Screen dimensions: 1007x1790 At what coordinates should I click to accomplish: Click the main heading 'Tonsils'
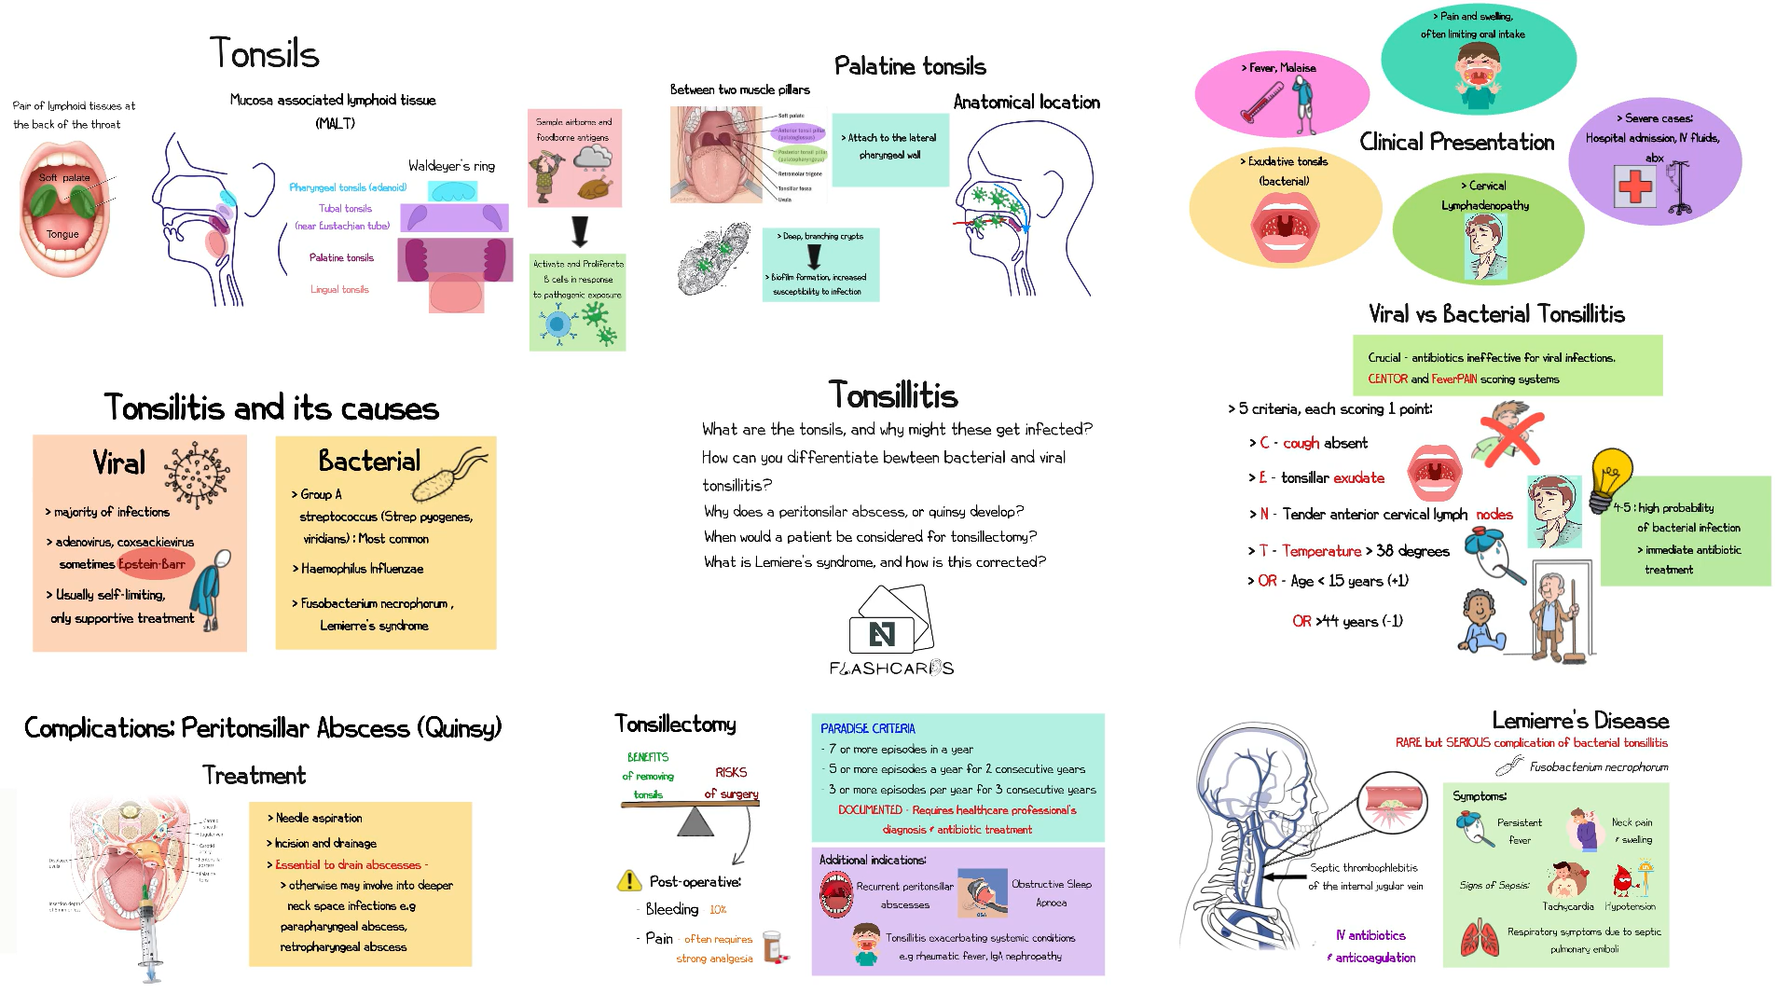[x=264, y=53]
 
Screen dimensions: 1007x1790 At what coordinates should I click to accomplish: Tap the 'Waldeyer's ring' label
[x=451, y=166]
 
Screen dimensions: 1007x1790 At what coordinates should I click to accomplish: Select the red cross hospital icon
[x=1634, y=186]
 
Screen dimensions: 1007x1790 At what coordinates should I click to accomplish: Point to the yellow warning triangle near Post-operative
[x=628, y=881]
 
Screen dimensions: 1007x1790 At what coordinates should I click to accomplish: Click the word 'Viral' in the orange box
[x=119, y=462]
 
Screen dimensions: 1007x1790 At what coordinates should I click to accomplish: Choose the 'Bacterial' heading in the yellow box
[x=369, y=461]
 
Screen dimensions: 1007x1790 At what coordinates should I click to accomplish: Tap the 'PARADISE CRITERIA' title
[x=867, y=728]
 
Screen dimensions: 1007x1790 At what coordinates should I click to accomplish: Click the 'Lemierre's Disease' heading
[x=1579, y=721]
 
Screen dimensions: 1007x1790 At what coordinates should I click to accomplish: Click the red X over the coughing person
[x=1510, y=438]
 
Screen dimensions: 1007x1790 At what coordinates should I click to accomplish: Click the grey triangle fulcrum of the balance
[x=695, y=821]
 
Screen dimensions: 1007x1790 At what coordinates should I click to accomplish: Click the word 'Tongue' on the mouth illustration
[x=62, y=234]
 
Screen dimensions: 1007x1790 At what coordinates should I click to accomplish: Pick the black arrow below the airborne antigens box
[x=580, y=230]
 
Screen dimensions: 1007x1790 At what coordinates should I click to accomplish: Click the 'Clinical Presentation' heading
[x=1456, y=142]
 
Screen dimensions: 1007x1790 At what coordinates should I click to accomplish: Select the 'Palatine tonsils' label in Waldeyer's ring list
[x=341, y=257]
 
